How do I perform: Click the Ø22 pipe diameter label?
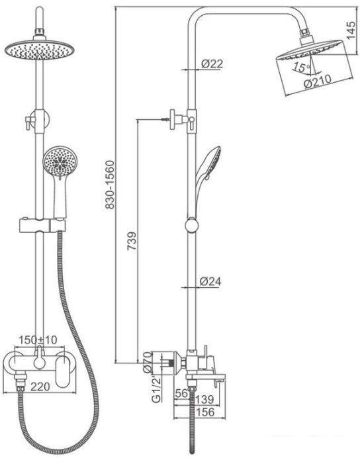[x=212, y=64]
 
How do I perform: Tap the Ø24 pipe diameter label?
[x=210, y=281]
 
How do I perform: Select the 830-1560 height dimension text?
[x=110, y=185]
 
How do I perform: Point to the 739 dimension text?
[x=132, y=241]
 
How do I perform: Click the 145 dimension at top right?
[x=351, y=30]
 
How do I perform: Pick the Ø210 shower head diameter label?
[x=318, y=81]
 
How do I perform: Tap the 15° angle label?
[x=302, y=68]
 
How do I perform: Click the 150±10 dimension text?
[x=38, y=340]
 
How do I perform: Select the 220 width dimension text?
[x=40, y=387]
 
